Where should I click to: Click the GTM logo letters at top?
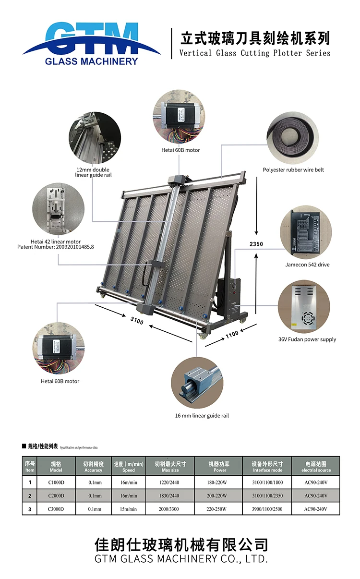pyautogui.click(x=91, y=35)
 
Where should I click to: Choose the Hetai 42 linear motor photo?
pyautogui.click(x=58, y=209)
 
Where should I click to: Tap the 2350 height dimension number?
pyautogui.click(x=256, y=244)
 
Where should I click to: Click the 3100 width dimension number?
pyautogui.click(x=137, y=320)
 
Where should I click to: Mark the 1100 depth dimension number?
pyautogui.click(x=232, y=334)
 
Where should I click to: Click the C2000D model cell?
pyautogui.click(x=56, y=495)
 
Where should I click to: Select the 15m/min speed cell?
pyautogui.click(x=128, y=509)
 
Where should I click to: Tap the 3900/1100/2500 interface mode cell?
pyautogui.click(x=267, y=509)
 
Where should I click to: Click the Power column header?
pyautogui.click(x=219, y=470)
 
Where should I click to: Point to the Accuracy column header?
pyautogui.click(x=93, y=470)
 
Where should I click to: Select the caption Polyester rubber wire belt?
pyautogui.click(x=293, y=170)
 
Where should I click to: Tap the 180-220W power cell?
pyautogui.click(x=219, y=482)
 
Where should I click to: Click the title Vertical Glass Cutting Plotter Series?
pyautogui.click(x=255, y=53)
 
